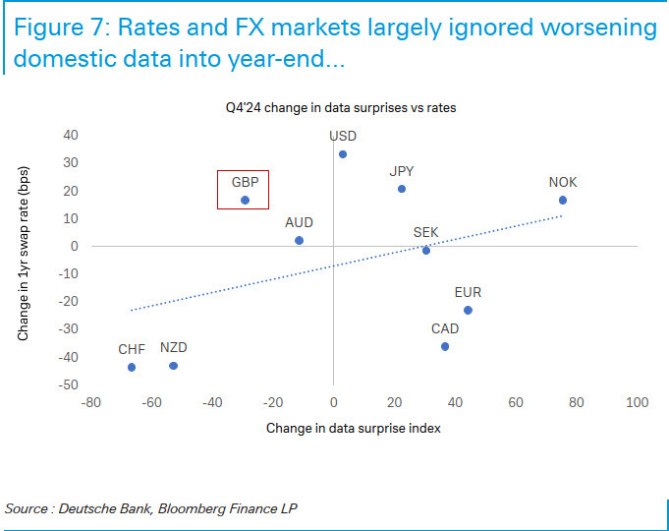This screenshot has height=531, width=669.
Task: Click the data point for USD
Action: tap(342, 154)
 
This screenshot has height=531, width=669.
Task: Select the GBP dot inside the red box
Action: tap(245, 201)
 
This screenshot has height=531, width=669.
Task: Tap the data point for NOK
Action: tap(563, 201)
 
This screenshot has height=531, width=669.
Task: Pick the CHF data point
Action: tap(132, 368)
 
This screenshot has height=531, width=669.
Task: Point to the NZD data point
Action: tap(173, 366)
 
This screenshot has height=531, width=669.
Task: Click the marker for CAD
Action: tap(445, 346)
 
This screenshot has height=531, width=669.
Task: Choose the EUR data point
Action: tap(468, 310)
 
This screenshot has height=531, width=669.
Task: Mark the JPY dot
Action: tap(401, 189)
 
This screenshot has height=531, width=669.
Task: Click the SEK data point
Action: tap(425, 251)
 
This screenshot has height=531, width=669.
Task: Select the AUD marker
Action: tap(299, 240)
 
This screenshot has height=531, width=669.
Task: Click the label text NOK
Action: tap(563, 183)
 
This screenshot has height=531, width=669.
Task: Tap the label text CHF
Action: tap(132, 349)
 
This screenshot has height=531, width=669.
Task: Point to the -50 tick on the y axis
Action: tap(70, 385)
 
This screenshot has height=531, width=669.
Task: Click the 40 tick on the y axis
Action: tap(72, 135)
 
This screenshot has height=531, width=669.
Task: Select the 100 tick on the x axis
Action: tap(637, 403)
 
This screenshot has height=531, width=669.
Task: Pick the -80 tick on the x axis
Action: tap(90, 403)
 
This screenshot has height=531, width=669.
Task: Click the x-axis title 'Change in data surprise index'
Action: tap(354, 429)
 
